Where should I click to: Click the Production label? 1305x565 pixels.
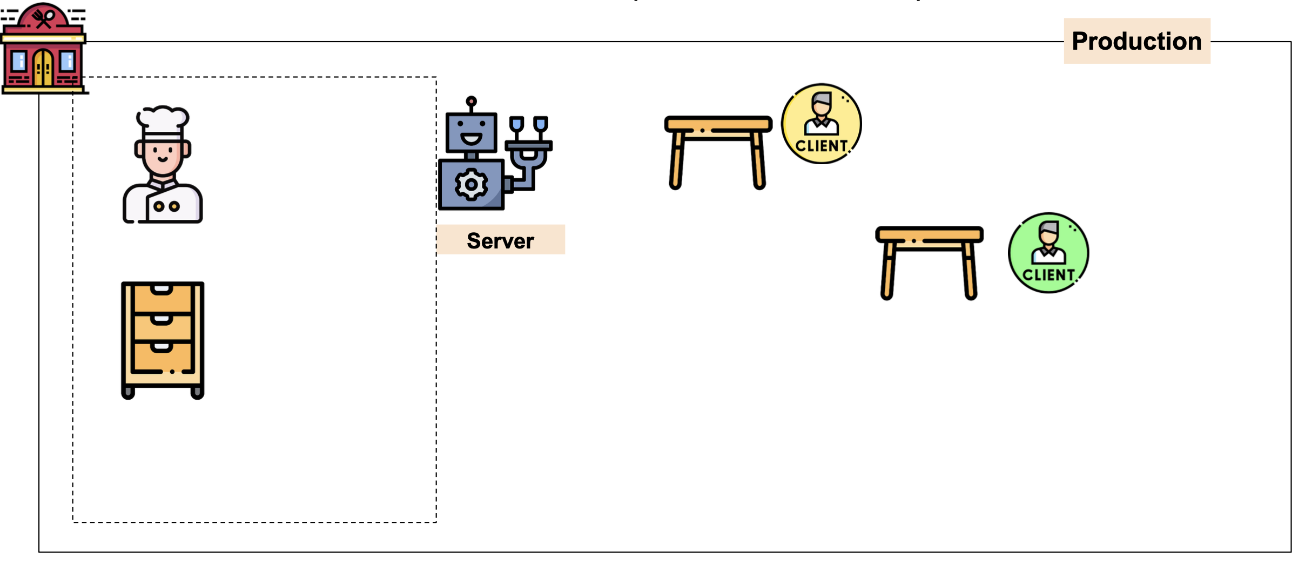pos(1136,41)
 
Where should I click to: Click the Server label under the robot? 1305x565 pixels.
pos(500,240)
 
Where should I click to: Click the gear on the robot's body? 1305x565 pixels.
pos(471,185)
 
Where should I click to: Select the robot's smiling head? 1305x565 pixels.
pos(471,133)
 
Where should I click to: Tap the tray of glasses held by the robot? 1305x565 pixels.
pos(528,145)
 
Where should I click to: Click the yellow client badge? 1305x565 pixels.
pos(821,123)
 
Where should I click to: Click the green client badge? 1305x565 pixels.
pos(1048,253)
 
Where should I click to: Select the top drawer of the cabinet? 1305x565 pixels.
pos(162,298)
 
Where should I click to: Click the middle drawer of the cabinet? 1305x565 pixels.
pos(162,326)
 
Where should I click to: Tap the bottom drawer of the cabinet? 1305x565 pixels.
pos(162,357)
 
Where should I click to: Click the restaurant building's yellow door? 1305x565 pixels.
pos(43,68)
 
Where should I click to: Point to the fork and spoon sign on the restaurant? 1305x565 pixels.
pos(43,18)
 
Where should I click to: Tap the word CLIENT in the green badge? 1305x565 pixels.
pos(1048,275)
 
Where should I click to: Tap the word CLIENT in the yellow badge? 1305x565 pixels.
pos(821,146)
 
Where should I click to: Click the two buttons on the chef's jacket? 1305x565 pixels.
pos(166,206)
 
